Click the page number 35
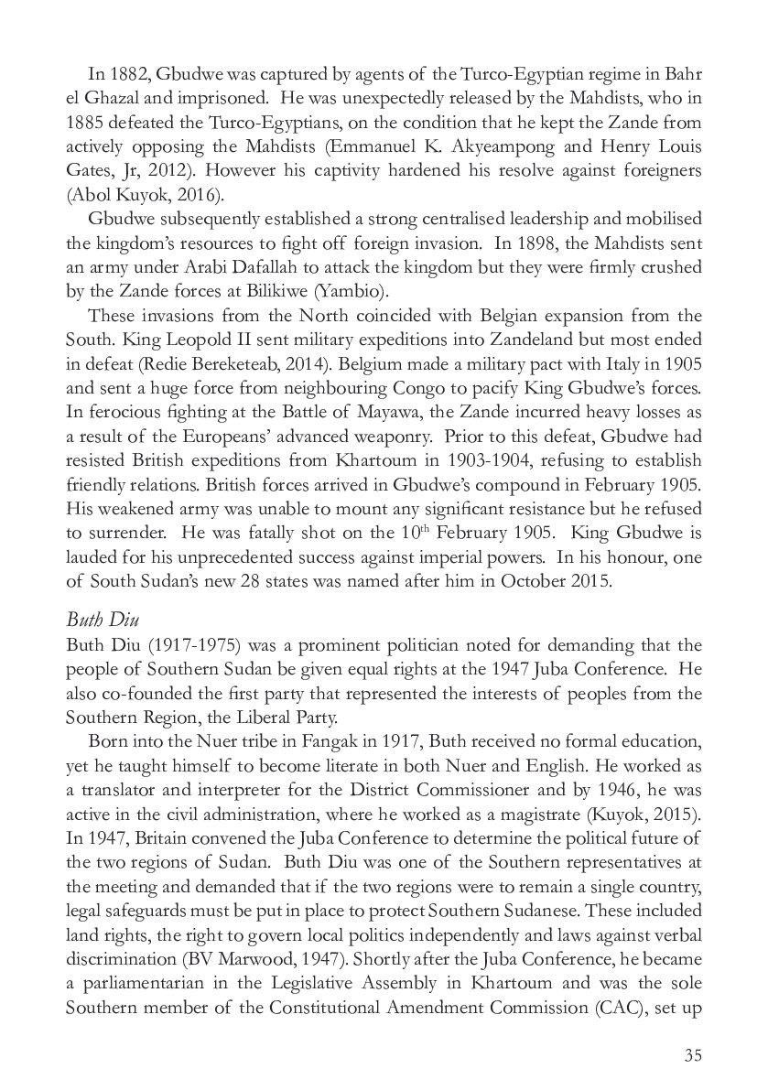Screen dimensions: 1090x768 click(692, 1056)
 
